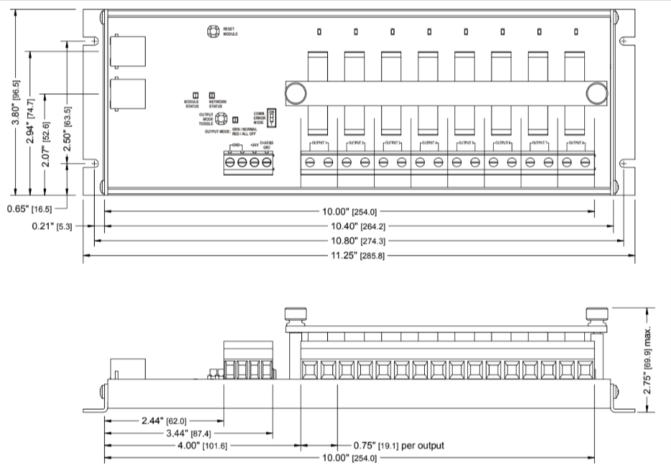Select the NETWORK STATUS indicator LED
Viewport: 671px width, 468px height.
212,95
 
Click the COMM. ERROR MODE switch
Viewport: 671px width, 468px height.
271,116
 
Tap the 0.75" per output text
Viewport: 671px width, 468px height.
398,446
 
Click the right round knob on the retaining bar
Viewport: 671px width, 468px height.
596,94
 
